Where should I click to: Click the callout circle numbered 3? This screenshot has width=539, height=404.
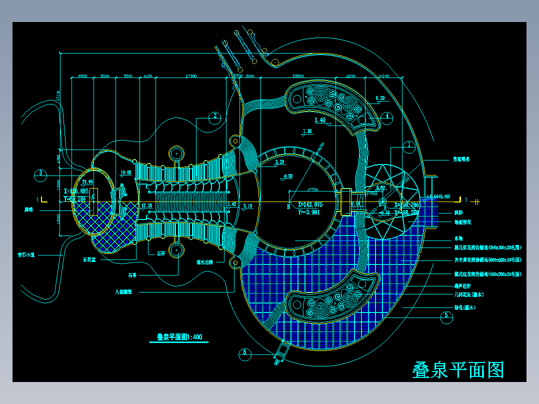41,174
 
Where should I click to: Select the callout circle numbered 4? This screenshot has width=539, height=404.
387,116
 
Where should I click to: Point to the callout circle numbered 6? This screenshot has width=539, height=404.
245,352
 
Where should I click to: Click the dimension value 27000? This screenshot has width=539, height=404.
191,76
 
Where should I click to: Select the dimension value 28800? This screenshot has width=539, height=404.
298,76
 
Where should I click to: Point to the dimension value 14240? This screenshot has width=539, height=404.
384,76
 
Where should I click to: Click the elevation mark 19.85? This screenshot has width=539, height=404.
126,173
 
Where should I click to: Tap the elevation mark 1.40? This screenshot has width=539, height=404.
320,120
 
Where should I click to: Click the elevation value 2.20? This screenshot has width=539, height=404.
279,162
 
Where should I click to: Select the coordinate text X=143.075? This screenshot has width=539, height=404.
310,204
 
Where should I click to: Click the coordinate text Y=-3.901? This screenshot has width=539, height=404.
309,212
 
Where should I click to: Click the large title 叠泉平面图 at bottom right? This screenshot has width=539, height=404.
458,370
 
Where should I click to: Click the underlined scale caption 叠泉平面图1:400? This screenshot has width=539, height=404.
179,337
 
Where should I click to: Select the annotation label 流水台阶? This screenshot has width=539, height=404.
205,261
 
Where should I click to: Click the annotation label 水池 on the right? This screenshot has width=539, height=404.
458,239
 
